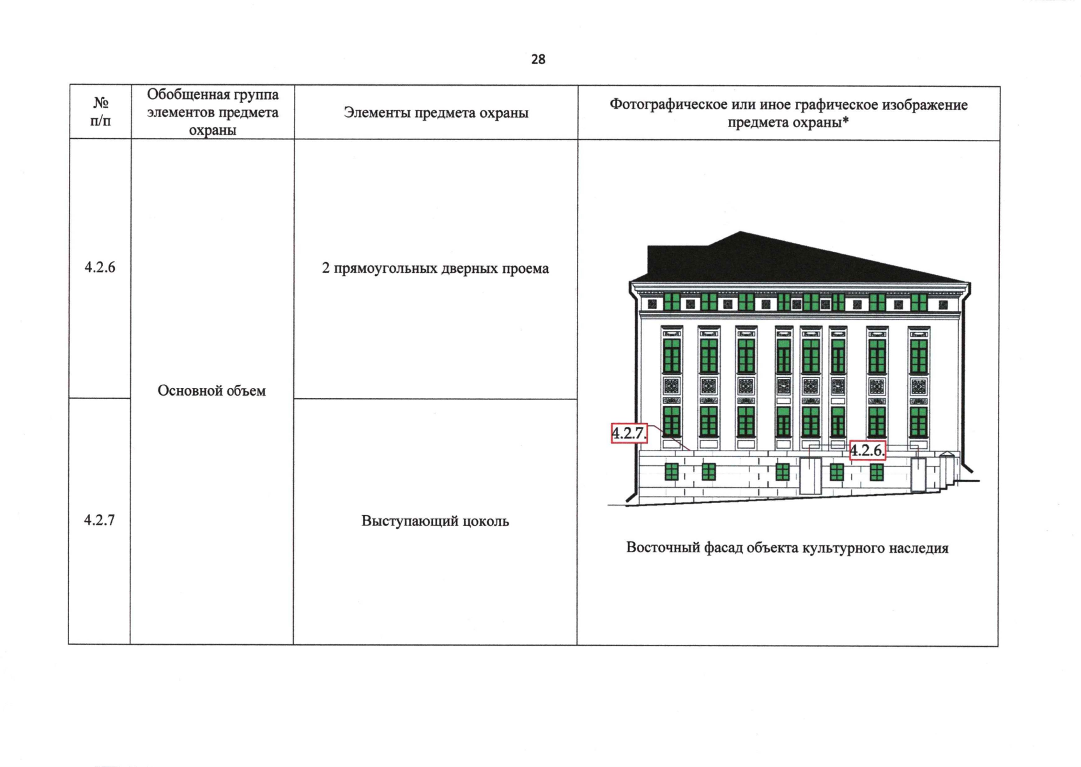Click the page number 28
[538, 59]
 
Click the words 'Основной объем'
[211, 391]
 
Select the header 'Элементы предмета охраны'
[436, 112]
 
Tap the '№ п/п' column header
[100, 111]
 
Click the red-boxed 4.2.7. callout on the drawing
[629, 433]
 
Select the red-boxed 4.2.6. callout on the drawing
[867, 451]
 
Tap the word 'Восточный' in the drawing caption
[660, 548]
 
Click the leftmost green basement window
[671, 472]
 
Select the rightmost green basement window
[877, 472]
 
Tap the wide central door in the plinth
[810, 476]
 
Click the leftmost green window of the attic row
[671, 302]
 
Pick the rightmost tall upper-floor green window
[918, 357]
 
